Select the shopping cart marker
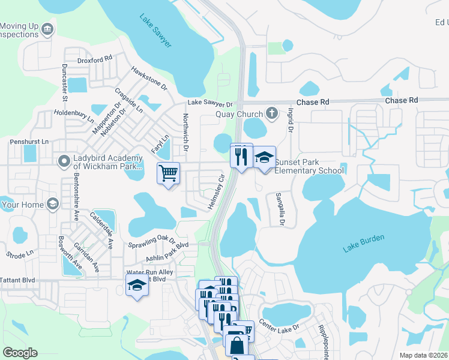[x=169, y=174]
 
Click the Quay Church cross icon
[x=272, y=113]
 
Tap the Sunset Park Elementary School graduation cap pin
[x=264, y=158]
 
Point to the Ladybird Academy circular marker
[x=64, y=161]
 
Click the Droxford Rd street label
[x=95, y=60]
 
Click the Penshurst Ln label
[x=28, y=142]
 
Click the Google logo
[x=19, y=353]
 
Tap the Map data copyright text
[x=424, y=355]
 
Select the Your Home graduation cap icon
[x=53, y=204]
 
